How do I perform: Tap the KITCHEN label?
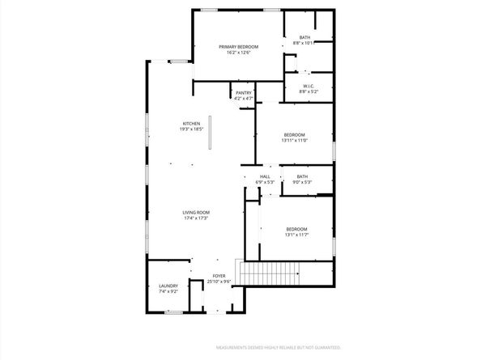(191, 124)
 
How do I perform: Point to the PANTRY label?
(244, 93)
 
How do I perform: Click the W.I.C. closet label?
(309, 87)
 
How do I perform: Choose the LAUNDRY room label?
(168, 285)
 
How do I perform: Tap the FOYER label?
(219, 276)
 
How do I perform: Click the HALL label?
(265, 176)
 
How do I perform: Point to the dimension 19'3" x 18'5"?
(191, 129)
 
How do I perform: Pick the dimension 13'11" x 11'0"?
(294, 140)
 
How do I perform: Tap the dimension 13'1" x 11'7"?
(296, 235)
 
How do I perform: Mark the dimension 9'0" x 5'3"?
(302, 182)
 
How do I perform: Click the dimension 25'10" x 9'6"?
(219, 282)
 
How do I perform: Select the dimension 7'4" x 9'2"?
(168, 290)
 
